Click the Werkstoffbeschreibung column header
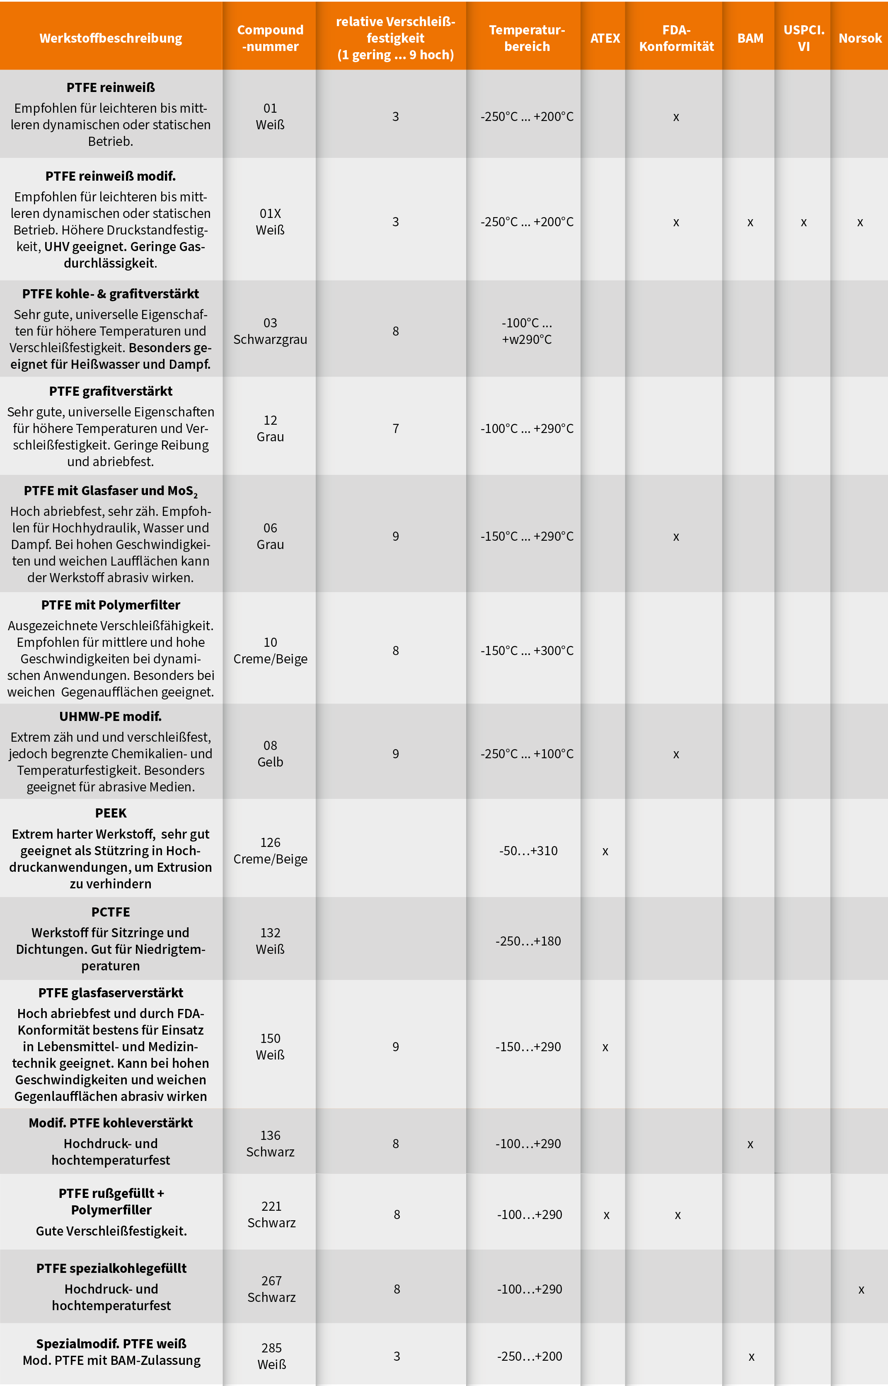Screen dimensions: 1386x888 tap(111, 38)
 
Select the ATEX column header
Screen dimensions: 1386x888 tap(605, 38)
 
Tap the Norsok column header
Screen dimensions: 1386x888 tap(860, 38)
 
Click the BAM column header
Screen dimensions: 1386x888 tap(750, 38)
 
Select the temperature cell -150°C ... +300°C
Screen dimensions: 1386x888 tap(527, 651)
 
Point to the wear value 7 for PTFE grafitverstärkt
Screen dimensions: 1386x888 tap(396, 428)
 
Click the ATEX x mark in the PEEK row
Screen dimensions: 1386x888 tap(605, 851)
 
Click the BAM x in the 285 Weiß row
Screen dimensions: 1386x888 tap(751, 1357)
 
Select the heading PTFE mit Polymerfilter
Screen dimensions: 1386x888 tap(111, 605)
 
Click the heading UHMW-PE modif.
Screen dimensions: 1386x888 tap(111, 716)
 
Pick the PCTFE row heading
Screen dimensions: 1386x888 tap(111, 912)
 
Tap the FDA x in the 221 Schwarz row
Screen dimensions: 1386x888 tap(677, 1215)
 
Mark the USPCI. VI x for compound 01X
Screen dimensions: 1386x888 tap(803, 223)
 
